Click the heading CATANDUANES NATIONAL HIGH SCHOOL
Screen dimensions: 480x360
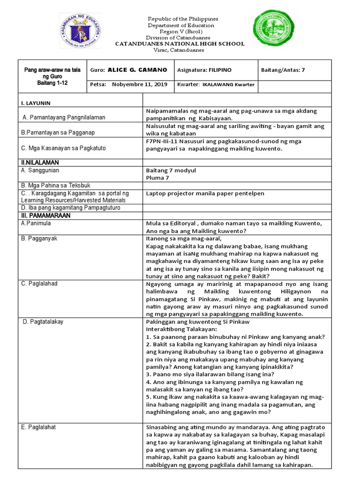pos(180,44)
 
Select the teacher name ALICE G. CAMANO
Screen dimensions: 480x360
pos(137,70)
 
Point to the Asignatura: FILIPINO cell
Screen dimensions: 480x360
pos(204,70)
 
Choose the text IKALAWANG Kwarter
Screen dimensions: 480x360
pos(228,85)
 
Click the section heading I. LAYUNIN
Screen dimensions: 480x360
pos(36,102)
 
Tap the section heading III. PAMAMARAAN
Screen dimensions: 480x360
pos(45,216)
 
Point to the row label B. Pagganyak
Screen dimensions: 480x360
pos(39,239)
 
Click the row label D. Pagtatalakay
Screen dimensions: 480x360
pos(43,322)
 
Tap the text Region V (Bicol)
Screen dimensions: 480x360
pos(180,31)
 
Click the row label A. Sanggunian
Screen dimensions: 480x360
pos(40,171)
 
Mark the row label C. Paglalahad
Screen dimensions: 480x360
pos(40,284)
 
